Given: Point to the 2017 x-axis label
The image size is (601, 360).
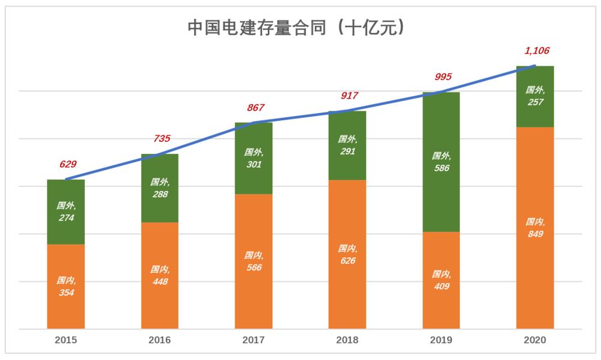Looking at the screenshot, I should pos(254,340).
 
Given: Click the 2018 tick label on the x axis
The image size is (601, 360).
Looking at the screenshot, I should pos(347,340).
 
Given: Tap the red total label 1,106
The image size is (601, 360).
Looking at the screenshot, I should pos(536,51).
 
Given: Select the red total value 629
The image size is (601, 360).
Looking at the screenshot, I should pos(67,164).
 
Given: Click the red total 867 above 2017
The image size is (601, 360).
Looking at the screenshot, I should pos(255,108).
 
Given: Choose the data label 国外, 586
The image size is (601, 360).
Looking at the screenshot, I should pos(441,162).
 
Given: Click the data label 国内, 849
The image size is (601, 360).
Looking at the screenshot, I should pos(535,228).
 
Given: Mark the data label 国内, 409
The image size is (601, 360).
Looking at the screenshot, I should pos(441,280).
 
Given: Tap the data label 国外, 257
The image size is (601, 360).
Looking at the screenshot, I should pos(535,96).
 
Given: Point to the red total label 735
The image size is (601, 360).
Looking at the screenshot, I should pos(161,139).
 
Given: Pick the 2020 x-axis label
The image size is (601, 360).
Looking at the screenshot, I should pos(535,340).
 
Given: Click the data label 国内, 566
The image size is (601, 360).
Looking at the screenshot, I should pos(254,261).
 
